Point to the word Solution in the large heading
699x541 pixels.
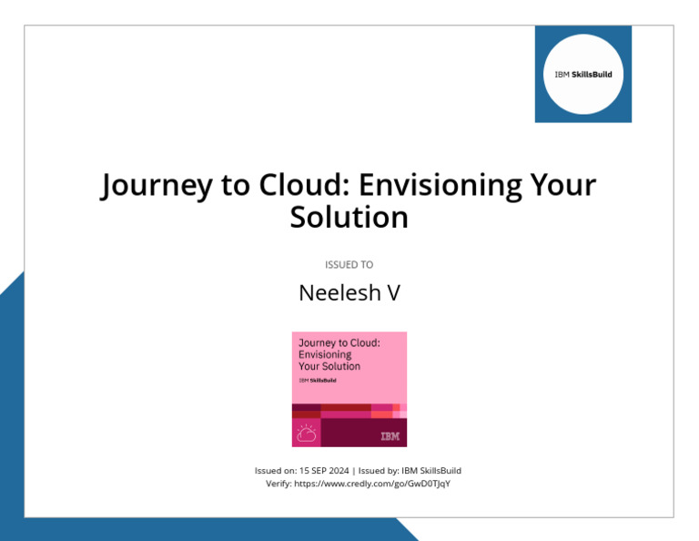(349, 218)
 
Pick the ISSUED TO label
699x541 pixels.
(349, 265)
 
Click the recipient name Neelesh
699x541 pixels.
(331, 293)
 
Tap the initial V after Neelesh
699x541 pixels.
(393, 293)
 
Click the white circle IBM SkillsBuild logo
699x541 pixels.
(583, 74)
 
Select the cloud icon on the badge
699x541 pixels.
(307, 433)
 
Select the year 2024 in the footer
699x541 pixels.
(338, 470)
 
